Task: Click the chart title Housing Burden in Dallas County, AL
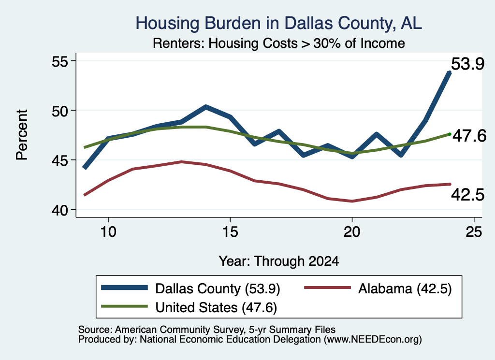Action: pyautogui.click(x=279, y=23)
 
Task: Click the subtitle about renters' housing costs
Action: pyautogui.click(x=279, y=43)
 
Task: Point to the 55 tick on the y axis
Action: pyautogui.click(x=60, y=61)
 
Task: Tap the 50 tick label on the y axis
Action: pyautogui.click(x=60, y=111)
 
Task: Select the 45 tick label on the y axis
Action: pyautogui.click(x=60, y=160)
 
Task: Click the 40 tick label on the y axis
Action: pyautogui.click(x=60, y=210)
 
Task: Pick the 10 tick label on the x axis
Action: pyautogui.click(x=108, y=232)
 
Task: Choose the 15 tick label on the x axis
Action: pyautogui.click(x=230, y=232)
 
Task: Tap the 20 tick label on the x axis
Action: pyautogui.click(x=352, y=232)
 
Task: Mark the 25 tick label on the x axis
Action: pyautogui.click(x=474, y=232)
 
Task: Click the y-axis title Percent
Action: pyautogui.click(x=22, y=135)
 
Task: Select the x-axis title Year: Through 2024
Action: pyautogui.click(x=279, y=261)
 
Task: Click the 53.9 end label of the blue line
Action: pyautogui.click(x=467, y=64)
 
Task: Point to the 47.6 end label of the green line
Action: pyautogui.click(x=469, y=136)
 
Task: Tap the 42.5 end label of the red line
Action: pyautogui.click(x=467, y=195)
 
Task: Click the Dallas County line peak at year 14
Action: pyautogui.click(x=205, y=107)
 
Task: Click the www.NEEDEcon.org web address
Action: pyautogui.click(x=373, y=340)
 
